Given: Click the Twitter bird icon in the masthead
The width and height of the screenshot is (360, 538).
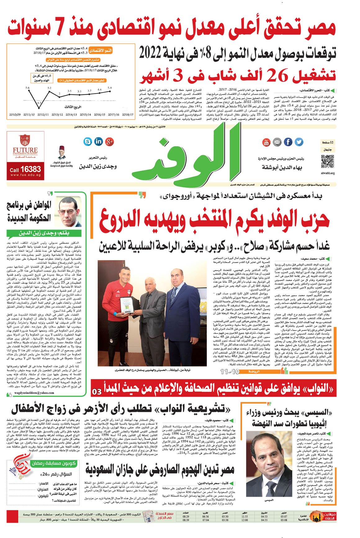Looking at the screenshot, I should point(299,142).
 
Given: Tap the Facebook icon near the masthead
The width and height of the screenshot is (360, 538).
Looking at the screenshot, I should point(288,142).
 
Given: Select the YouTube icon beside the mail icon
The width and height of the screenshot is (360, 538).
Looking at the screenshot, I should point(266,142).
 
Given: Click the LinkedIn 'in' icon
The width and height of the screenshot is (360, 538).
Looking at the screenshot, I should point(98,142).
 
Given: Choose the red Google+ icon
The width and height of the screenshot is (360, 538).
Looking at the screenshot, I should point(109,142).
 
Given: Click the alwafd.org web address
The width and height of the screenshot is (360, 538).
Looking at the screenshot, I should point(328,173).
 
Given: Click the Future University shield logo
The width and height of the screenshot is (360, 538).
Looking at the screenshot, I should point(25,140).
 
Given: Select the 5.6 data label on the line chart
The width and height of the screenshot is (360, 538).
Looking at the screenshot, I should point(28,88).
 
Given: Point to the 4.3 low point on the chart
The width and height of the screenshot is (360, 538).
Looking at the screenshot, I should point(39,102).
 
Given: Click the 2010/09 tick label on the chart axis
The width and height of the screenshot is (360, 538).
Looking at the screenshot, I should point(15,115).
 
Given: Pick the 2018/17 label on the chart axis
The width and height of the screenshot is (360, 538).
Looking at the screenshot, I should point(128,115).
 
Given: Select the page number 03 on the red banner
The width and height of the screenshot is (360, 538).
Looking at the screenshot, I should point(97,391).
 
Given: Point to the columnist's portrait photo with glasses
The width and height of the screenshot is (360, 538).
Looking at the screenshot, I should point(68,211).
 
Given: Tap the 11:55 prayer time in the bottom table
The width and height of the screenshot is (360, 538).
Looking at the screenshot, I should point(245,516).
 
